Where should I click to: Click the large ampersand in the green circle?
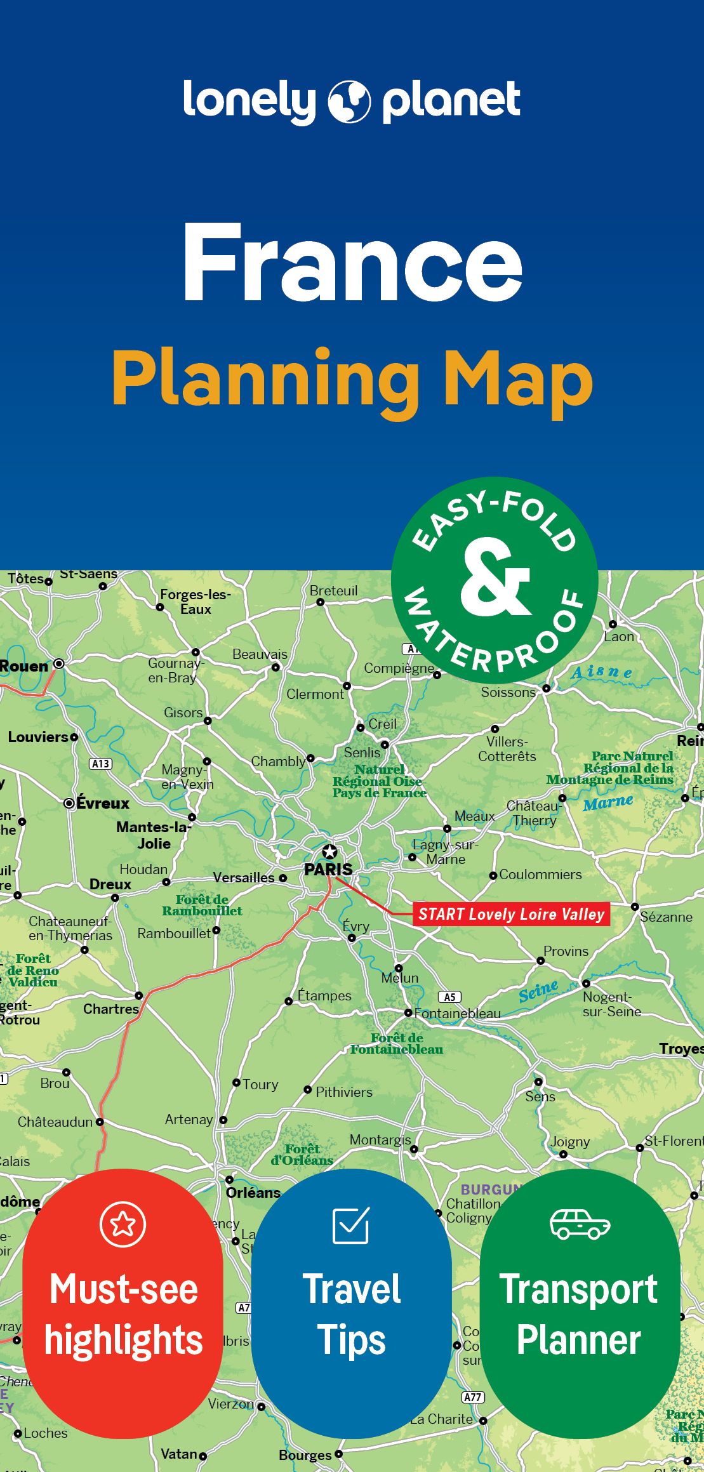click(x=495, y=580)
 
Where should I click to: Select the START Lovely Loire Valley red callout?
click(x=511, y=914)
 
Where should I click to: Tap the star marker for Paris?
click(x=329, y=852)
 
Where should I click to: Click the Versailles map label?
click(x=244, y=878)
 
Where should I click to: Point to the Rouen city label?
click(x=24, y=666)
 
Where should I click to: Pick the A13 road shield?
click(x=100, y=764)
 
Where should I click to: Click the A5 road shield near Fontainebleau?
click(x=449, y=997)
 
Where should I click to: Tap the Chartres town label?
click(x=110, y=1009)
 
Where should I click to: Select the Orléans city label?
click(x=253, y=1193)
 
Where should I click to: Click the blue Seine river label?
click(x=538, y=991)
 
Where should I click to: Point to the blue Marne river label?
click(x=608, y=804)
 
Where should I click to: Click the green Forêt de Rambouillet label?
click(x=202, y=905)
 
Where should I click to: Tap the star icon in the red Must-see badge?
click(x=123, y=1224)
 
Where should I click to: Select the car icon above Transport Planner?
click(x=580, y=1224)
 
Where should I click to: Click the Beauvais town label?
click(x=260, y=654)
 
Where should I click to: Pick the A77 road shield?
click(x=472, y=1397)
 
